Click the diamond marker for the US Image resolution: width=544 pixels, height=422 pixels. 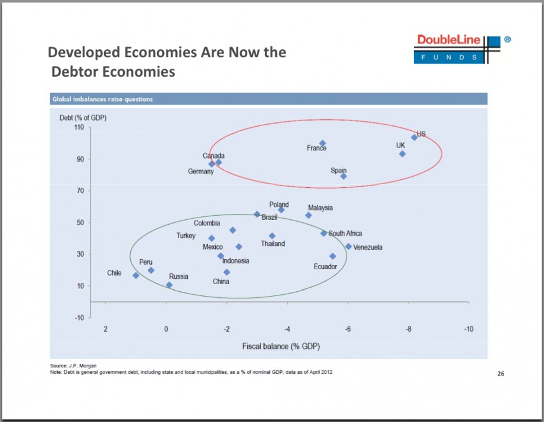414,137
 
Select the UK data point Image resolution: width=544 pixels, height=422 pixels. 403,153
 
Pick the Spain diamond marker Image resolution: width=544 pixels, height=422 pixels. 344,176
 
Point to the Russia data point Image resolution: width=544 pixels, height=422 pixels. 169,285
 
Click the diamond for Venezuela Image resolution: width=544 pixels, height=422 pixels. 349,247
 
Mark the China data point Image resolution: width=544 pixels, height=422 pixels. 227,272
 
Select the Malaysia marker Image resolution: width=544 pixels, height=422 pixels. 309,215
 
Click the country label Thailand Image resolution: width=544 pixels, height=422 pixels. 273,244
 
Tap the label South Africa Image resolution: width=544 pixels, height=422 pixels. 345,234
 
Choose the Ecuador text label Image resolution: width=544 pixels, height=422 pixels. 325,266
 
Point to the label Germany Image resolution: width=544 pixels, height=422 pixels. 201,172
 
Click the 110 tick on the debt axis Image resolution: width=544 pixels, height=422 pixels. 77,127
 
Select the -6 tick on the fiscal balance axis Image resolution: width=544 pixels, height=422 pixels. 348,329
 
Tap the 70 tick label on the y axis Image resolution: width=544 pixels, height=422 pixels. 79,191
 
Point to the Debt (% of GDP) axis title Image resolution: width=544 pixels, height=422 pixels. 83,116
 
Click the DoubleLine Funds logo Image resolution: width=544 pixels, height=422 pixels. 458,49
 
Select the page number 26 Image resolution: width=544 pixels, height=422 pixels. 500,374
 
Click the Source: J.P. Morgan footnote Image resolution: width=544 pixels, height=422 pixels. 74,365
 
